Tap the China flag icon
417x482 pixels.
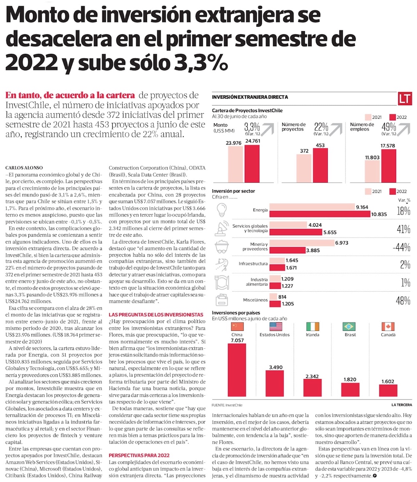[x=236, y=327]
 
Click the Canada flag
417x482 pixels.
[x=388, y=327]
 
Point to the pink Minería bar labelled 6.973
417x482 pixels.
[x=302, y=242]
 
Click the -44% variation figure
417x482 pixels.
[x=402, y=247]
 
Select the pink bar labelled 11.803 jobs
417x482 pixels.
[x=373, y=171]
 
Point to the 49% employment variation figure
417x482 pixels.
[x=388, y=127]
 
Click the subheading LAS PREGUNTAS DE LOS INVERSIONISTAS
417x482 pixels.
[x=156, y=314]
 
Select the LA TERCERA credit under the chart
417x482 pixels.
[x=402, y=405]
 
